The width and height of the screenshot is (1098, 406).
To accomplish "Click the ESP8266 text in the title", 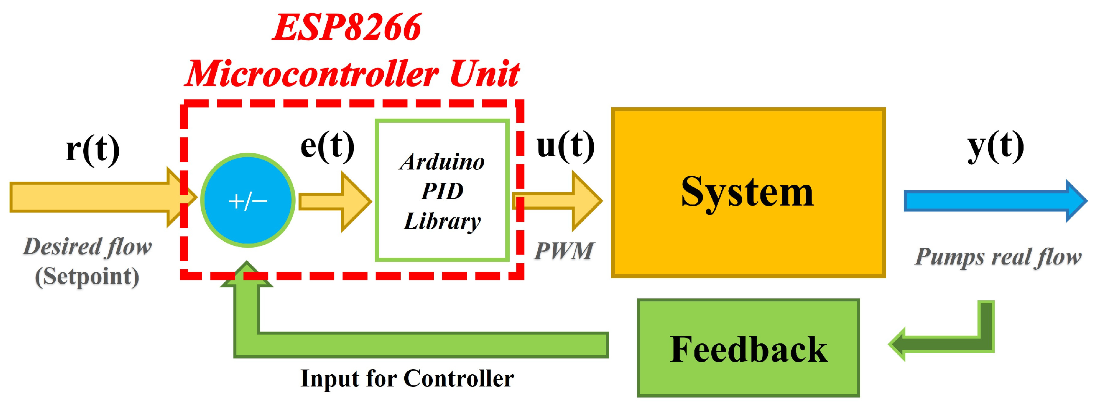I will pyautogui.click(x=346, y=28).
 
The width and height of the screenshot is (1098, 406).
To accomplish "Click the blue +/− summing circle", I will pyautogui.click(x=248, y=200).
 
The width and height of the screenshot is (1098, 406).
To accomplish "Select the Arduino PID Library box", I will pyautogui.click(x=442, y=190).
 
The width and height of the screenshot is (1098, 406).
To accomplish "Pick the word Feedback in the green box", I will pyautogui.click(x=748, y=349).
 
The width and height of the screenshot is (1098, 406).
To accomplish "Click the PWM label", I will pyautogui.click(x=564, y=251).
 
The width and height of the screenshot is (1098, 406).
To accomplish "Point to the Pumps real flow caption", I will pyautogui.click(x=997, y=257).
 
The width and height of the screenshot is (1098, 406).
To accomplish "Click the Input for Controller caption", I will pyautogui.click(x=407, y=378).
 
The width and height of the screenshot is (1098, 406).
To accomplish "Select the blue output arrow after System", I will pyautogui.click(x=993, y=201).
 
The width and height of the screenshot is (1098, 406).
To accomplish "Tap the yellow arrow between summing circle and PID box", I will pyautogui.click(x=335, y=202).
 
